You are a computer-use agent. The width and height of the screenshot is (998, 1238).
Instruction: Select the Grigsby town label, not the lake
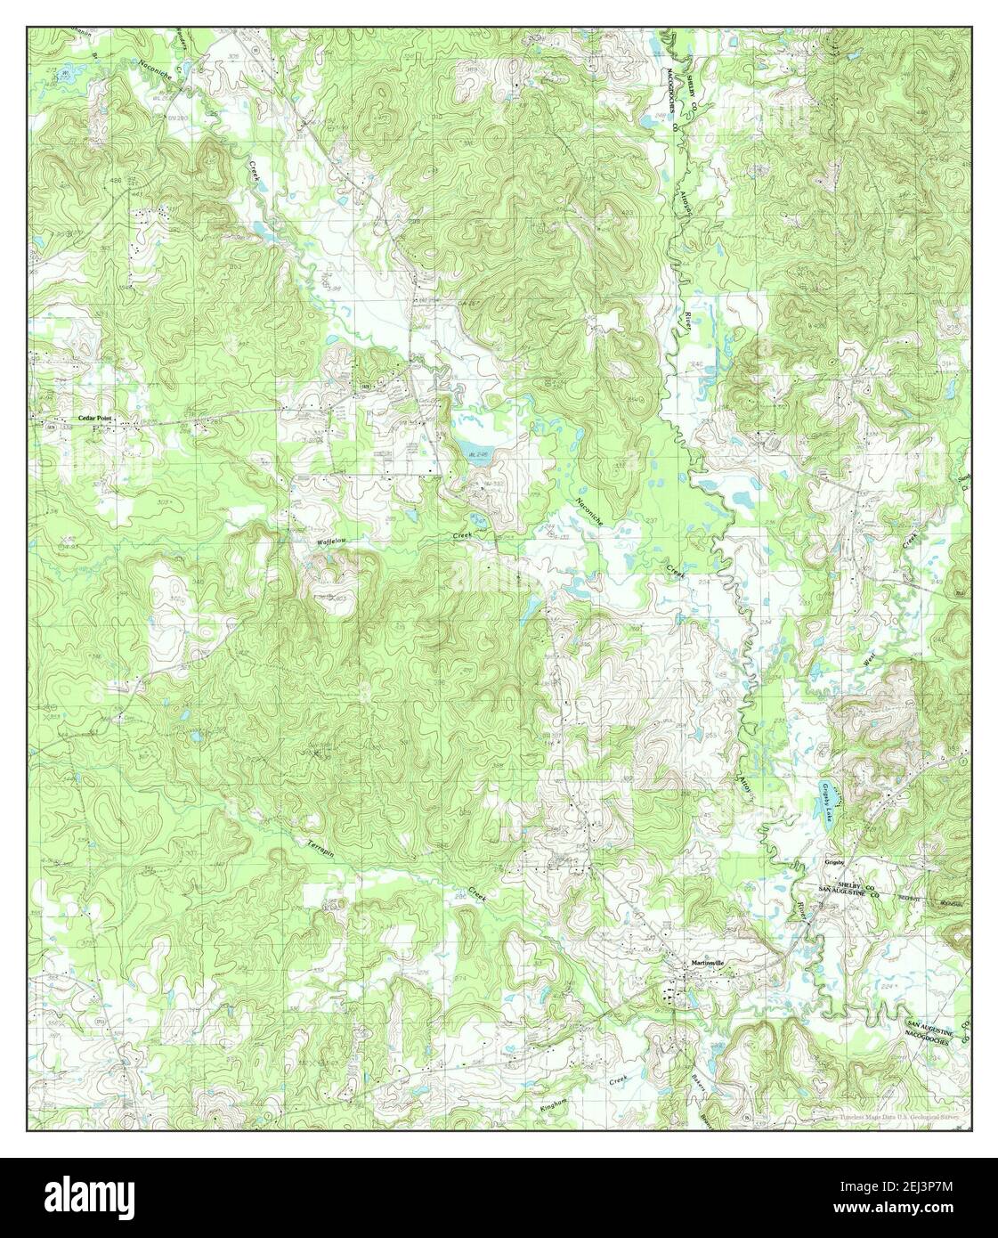coord(833,862)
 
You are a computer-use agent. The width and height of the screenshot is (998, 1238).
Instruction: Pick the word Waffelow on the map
coord(329,541)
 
